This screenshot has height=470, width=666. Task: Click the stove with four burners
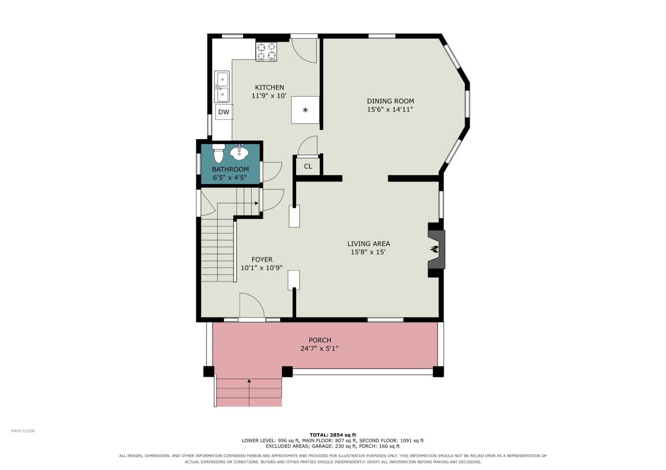(266, 52)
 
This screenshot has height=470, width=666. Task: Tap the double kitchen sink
(222, 87)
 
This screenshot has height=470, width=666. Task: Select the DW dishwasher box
(224, 112)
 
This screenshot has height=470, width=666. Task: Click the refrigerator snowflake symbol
(305, 110)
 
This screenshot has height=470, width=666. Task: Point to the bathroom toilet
(218, 153)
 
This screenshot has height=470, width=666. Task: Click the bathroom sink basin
(239, 153)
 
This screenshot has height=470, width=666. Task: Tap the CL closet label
(308, 166)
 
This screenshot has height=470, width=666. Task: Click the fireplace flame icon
(434, 249)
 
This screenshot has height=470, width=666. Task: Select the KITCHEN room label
(270, 87)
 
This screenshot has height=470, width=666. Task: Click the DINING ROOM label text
(390, 101)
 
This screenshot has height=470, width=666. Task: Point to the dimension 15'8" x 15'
(369, 252)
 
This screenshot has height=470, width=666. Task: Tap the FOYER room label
(262, 259)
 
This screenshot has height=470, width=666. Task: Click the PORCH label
(320, 340)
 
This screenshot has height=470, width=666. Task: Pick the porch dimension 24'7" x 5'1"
(320, 348)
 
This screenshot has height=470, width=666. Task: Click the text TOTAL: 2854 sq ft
(333, 435)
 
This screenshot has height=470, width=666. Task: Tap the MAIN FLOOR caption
(23, 431)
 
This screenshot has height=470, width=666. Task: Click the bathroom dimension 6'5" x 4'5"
(230, 177)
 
